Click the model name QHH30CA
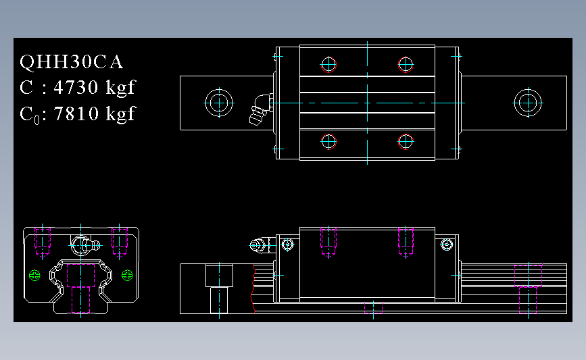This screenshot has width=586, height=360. [71, 62]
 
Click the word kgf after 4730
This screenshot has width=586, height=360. [121, 88]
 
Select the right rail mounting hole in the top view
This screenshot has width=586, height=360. [528, 103]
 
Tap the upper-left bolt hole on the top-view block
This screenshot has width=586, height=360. [328, 64]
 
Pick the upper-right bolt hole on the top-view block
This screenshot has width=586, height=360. [406, 64]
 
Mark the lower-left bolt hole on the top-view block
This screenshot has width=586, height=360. [328, 141]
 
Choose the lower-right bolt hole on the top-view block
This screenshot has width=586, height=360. [406, 141]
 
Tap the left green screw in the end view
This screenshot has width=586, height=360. [36, 275]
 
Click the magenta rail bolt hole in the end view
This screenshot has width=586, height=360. [81, 299]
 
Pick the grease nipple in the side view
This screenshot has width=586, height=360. [258, 246]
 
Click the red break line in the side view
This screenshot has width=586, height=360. [253, 290]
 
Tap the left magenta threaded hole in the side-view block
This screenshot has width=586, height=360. [328, 241]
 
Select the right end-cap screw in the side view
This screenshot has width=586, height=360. [446, 245]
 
